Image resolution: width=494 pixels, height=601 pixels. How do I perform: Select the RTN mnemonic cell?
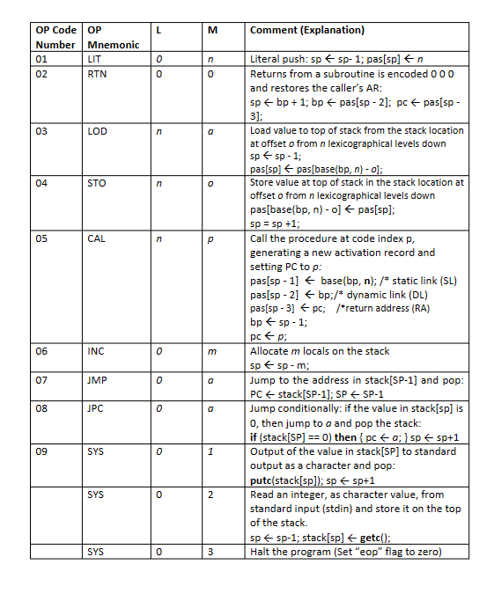97,74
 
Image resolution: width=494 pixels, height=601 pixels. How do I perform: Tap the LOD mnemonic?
98,131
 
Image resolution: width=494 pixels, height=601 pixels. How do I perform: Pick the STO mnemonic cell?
97,183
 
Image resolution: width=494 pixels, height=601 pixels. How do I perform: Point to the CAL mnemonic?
97,238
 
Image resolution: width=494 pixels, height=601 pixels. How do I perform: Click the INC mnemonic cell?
96,351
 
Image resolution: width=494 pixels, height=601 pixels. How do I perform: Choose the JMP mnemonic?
97,381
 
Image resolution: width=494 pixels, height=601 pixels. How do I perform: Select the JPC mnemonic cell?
96,408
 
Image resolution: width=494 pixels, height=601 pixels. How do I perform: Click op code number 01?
42,59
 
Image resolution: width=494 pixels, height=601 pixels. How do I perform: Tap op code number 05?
42,238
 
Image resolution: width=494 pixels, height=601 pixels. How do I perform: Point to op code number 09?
42,451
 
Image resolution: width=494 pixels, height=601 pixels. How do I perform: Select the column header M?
211,30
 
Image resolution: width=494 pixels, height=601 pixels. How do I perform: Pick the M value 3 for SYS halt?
211,553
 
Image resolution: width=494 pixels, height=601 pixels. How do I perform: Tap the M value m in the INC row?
211,351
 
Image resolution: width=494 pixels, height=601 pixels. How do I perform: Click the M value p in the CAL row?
211,238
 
